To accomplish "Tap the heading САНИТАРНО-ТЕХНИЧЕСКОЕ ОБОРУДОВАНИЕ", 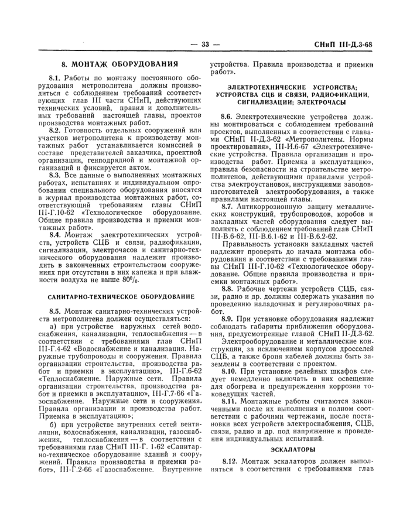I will tap(120, 297).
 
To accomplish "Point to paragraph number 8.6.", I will tap(227, 117).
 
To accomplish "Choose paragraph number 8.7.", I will tap(227, 207).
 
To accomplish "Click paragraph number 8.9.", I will tap(227, 317).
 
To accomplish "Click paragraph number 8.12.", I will tap(229, 463).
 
